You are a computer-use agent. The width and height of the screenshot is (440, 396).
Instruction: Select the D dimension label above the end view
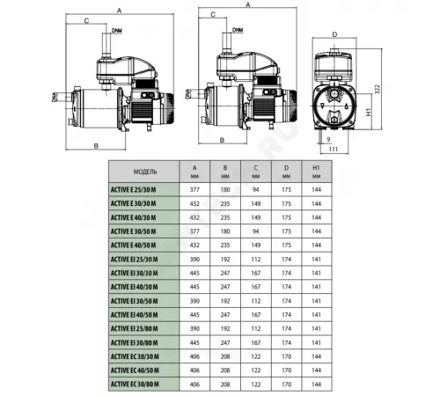click(335, 34)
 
